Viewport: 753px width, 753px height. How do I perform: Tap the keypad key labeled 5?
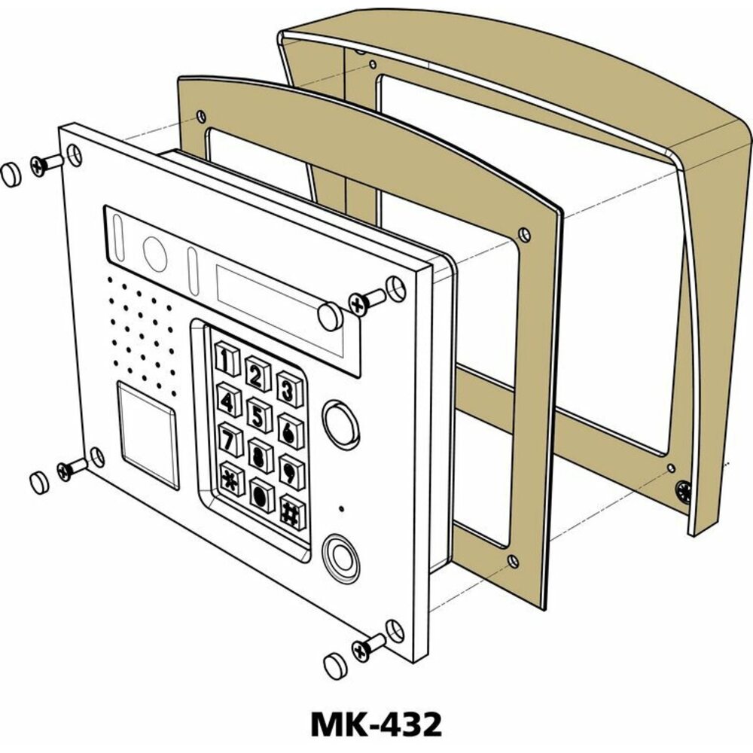[260, 416]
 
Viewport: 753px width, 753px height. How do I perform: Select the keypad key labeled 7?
[230, 439]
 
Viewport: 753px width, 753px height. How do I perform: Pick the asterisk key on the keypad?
[230, 480]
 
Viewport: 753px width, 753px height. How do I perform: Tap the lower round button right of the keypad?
[340, 556]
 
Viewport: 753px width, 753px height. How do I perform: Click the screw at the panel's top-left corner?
[47, 163]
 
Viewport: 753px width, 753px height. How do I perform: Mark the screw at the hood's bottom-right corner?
[684, 494]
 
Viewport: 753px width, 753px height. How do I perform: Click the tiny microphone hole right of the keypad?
[342, 509]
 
